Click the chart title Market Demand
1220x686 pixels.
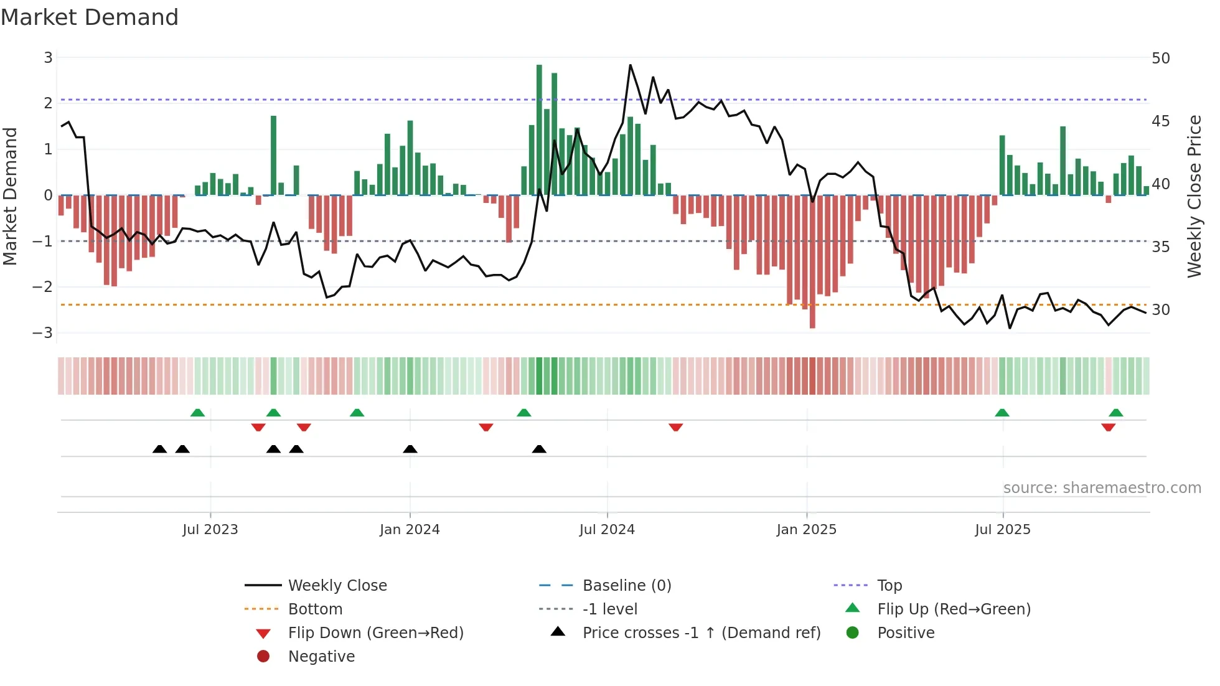tap(90, 17)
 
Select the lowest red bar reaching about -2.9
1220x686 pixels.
tap(812, 261)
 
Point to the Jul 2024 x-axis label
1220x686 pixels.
tap(607, 530)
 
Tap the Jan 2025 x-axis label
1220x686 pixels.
tap(807, 530)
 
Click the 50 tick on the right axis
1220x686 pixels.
tap(1160, 59)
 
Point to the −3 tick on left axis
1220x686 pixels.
tap(43, 332)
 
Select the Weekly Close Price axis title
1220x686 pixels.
tap(1194, 196)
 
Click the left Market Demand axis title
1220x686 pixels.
tap(10, 196)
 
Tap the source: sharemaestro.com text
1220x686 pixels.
tap(1102, 488)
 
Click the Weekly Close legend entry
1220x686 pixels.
tap(337, 586)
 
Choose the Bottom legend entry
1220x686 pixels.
tap(315, 609)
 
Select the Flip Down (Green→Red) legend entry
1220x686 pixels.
tap(375, 633)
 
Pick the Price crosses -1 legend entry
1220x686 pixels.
tap(701, 633)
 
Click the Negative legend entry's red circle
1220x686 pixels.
tap(263, 657)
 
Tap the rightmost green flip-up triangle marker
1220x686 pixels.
tap(1116, 413)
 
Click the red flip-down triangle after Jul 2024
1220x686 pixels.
tap(676, 427)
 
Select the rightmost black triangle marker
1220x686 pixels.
tap(539, 449)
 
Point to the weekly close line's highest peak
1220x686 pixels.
tap(630, 65)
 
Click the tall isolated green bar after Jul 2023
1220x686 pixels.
tap(273, 156)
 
